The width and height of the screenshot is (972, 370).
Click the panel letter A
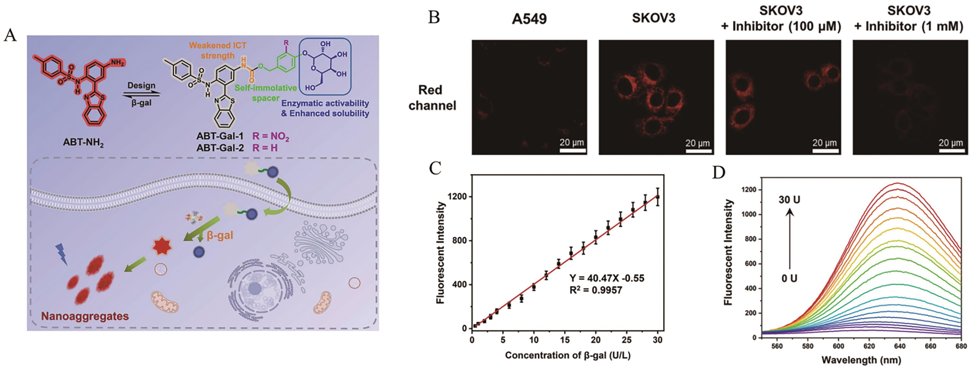[x=10, y=36]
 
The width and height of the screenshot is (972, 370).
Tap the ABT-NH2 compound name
[x=83, y=143]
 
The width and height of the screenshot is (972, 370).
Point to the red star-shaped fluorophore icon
[x=161, y=247]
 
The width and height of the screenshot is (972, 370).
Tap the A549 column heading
[x=529, y=19]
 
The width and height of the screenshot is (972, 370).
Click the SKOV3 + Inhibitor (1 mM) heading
[x=909, y=19]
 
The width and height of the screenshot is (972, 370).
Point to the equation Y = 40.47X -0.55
[x=607, y=279]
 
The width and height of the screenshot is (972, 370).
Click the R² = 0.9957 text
[x=596, y=290]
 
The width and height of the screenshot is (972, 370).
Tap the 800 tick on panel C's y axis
[x=458, y=240]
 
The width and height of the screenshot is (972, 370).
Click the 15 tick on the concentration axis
[x=564, y=340]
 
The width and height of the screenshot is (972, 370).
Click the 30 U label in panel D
[x=789, y=200]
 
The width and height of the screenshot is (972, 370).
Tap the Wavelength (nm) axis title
[x=861, y=360]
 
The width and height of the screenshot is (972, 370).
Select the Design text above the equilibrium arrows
[x=141, y=86]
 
